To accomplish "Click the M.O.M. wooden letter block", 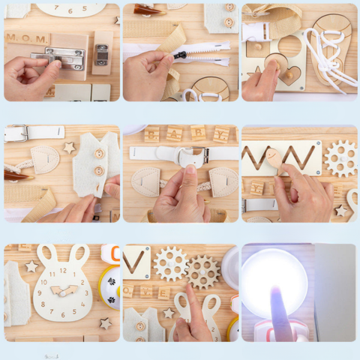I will point(27,38).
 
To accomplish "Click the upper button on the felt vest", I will point(99,154).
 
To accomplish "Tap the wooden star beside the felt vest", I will point(69,148).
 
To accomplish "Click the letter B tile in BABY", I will point(152,136).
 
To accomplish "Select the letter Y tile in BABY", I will point(221,135).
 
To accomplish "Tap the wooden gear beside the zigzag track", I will point(341,157).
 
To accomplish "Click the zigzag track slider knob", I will point(274,158).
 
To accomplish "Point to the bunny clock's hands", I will point(63,289).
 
